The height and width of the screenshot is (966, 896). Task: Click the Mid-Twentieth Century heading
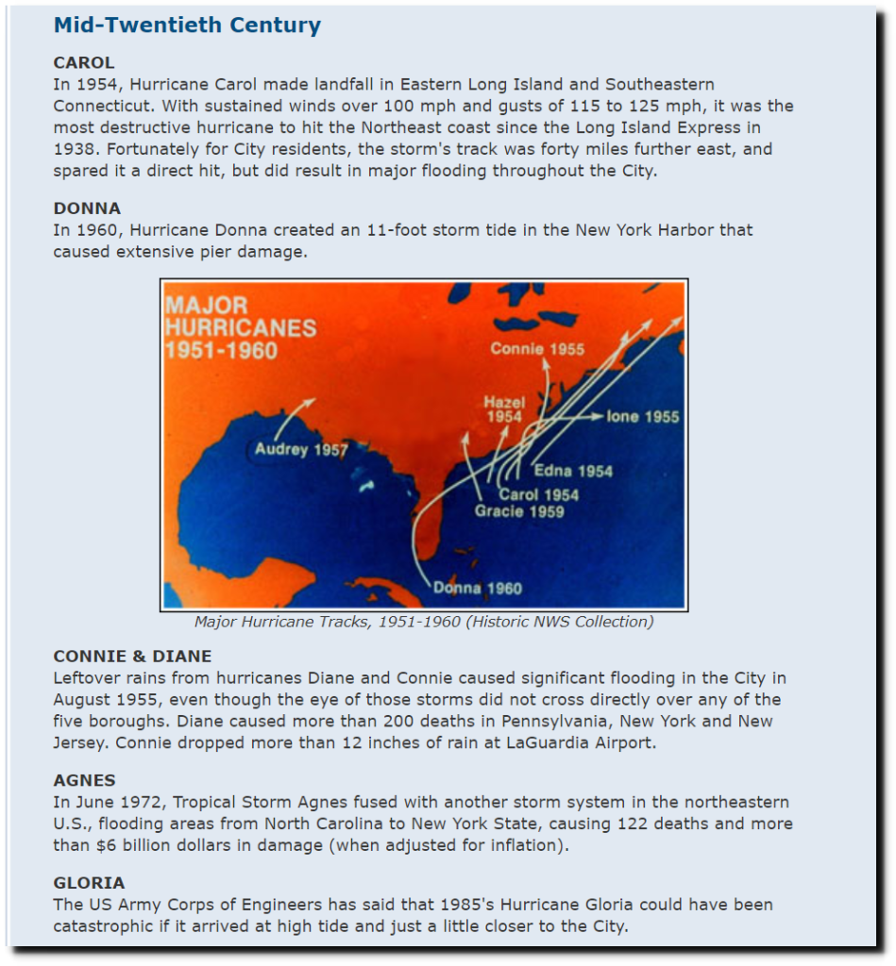[x=187, y=25]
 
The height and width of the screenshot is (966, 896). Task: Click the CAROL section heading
[x=84, y=62]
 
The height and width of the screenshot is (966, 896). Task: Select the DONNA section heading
[x=87, y=208]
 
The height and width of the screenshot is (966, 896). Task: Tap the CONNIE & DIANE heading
[x=132, y=656]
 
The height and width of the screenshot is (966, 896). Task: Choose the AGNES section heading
[x=85, y=780]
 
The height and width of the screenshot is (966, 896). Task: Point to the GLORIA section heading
[x=89, y=882]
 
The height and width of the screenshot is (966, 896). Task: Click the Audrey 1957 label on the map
[x=301, y=449]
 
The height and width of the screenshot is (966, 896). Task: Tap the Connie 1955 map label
[x=537, y=349]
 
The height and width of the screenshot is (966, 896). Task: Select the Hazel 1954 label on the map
[x=504, y=409]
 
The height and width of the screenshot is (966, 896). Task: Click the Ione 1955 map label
[x=642, y=416]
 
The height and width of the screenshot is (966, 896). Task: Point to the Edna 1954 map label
[x=573, y=471]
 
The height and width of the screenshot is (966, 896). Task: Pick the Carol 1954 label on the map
[x=539, y=494]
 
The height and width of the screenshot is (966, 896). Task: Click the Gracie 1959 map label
[x=519, y=511]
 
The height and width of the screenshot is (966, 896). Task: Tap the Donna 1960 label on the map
[x=478, y=588]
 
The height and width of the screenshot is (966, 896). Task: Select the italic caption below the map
[x=423, y=622]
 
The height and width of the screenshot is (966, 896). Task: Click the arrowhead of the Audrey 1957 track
[x=313, y=401]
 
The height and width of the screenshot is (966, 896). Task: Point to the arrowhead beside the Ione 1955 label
[x=596, y=416]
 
